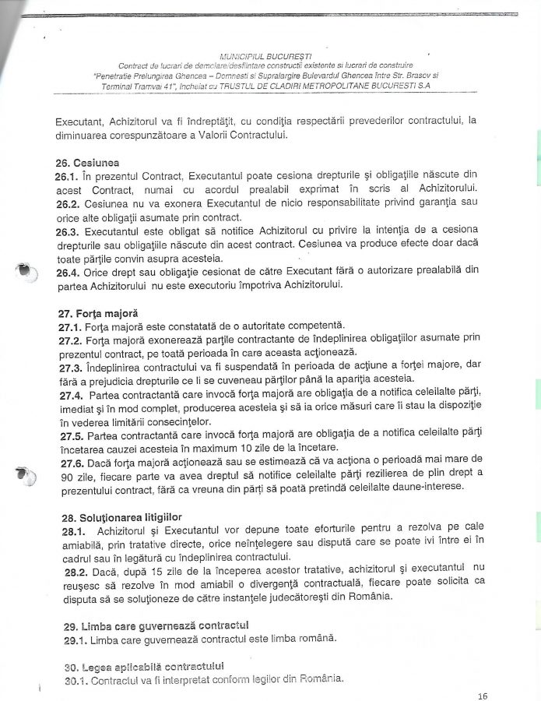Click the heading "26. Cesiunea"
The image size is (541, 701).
point(87,164)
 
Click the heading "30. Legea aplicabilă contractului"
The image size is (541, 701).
point(140,667)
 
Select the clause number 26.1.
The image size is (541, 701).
point(67,178)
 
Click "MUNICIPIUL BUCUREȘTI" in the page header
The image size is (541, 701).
point(265,56)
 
